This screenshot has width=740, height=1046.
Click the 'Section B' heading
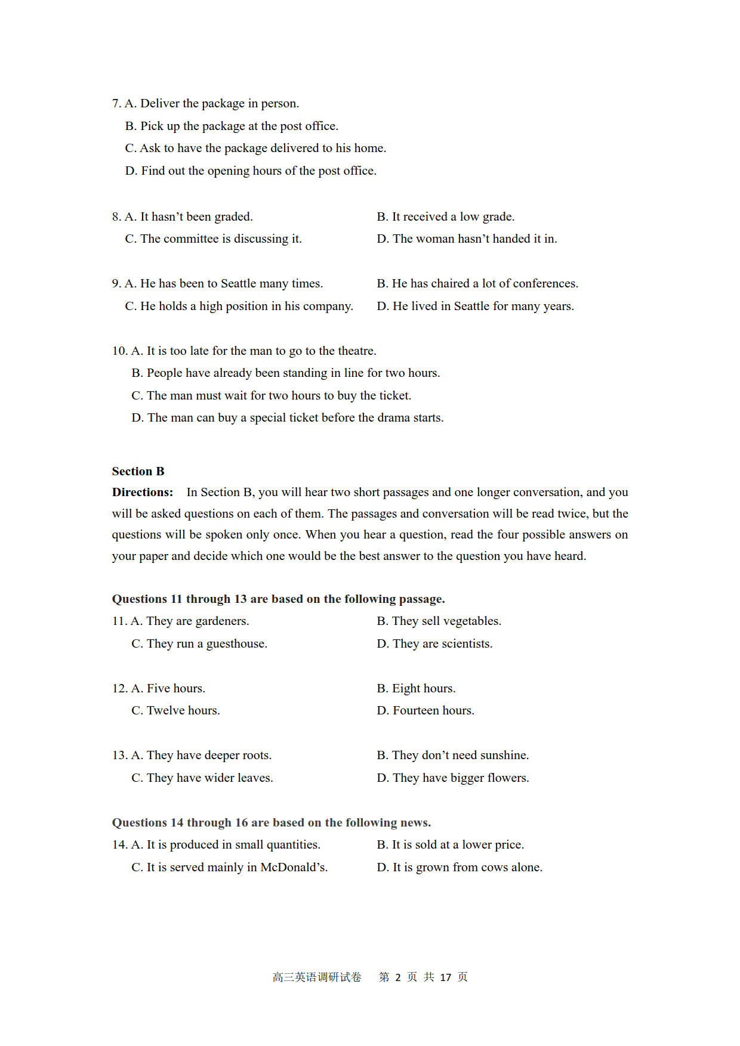click(138, 471)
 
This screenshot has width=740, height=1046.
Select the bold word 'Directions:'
click(142, 492)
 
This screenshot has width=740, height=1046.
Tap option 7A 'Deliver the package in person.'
click(212, 103)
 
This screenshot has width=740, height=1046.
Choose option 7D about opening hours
click(251, 171)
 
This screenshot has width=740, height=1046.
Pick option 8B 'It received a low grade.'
click(446, 216)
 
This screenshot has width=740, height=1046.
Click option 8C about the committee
click(214, 239)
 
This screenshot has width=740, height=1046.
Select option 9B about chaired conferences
click(477, 283)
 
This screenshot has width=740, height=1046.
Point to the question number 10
click(119, 351)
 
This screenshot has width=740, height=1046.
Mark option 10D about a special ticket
click(288, 417)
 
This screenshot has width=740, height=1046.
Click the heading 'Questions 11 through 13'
click(278, 599)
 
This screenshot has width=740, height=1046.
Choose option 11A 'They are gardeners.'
click(190, 621)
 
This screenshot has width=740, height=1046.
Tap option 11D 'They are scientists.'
click(434, 643)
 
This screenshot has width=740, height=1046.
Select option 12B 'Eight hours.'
click(416, 688)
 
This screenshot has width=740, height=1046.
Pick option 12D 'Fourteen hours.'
click(425, 710)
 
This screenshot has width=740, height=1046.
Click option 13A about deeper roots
click(202, 755)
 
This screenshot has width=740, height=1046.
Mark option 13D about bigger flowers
click(453, 778)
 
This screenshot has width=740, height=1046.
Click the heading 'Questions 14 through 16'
click(271, 822)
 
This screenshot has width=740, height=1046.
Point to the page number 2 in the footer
click(398, 977)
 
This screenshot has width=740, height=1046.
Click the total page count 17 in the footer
click(445, 977)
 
